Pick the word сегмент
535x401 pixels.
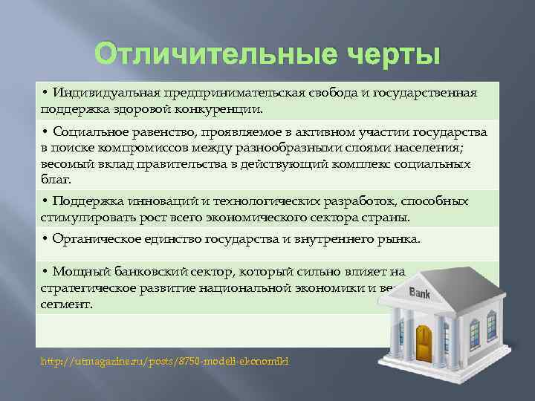pos(66,304)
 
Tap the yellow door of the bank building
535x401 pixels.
pos(425,339)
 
